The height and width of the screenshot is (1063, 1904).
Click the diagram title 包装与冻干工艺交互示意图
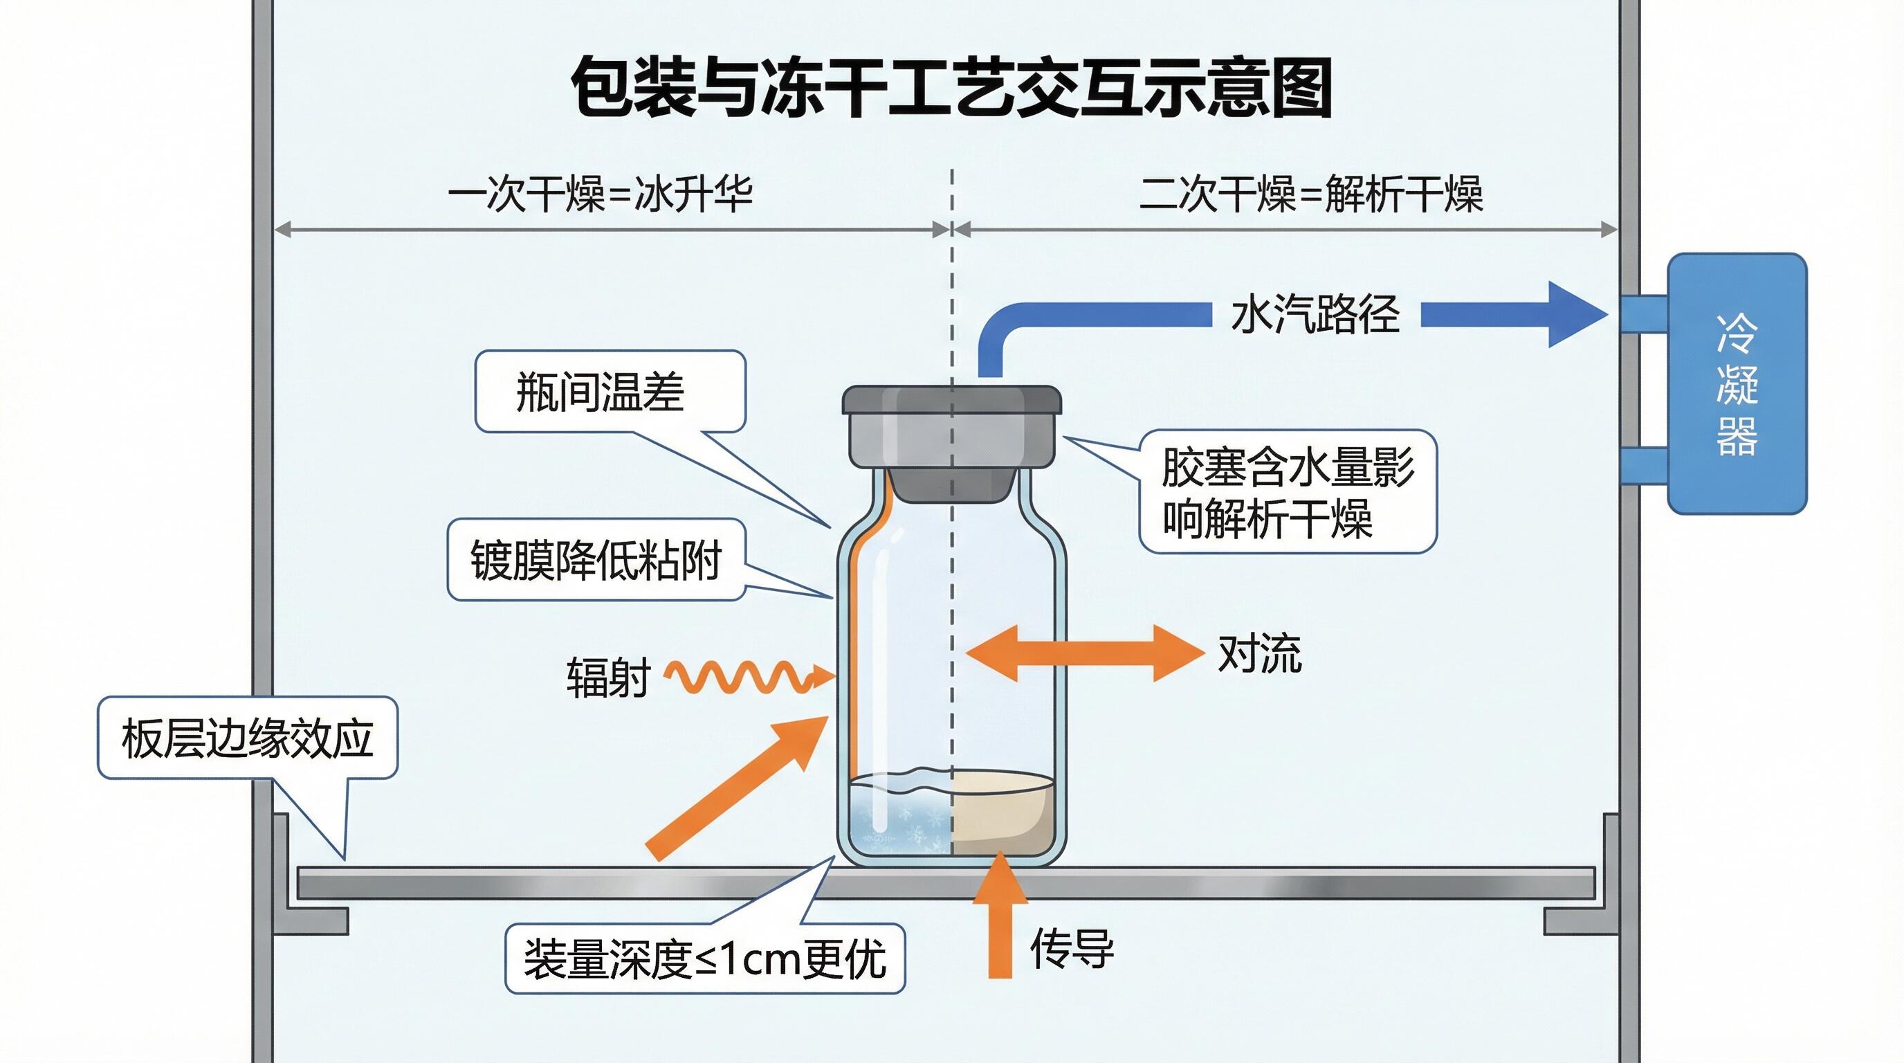pyautogui.click(x=951, y=87)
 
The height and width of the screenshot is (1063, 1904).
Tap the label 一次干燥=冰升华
pyautogui.click(x=600, y=194)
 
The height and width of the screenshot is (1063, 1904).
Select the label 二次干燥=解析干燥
pyautogui.click(x=1310, y=194)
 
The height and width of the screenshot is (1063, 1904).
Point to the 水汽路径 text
pyautogui.click(x=1315, y=315)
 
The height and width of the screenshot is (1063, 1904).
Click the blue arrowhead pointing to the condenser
pyautogui.click(x=1575, y=315)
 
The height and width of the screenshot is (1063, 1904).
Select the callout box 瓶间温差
pyautogui.click(x=610, y=391)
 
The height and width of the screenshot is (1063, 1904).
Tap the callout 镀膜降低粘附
pyautogui.click(x=596, y=560)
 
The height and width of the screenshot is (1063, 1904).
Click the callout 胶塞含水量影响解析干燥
pyautogui.click(x=1287, y=491)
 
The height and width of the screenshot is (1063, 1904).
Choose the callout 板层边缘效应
pyautogui.click(x=248, y=738)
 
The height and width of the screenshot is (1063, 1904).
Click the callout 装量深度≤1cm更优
pyautogui.click(x=704, y=958)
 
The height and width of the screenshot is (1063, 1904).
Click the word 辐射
pyautogui.click(x=607, y=677)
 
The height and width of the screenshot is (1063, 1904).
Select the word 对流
pyautogui.click(x=1258, y=653)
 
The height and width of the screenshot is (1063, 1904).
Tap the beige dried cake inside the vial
pyautogui.click(x=1002, y=813)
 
